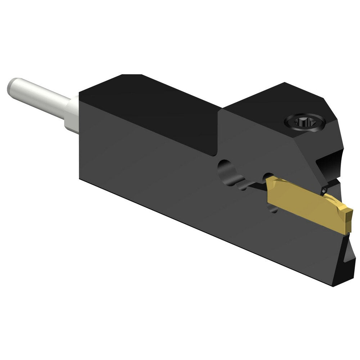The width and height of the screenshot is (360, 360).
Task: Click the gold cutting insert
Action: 306,205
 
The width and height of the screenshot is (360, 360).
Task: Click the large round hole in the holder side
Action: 227,169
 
